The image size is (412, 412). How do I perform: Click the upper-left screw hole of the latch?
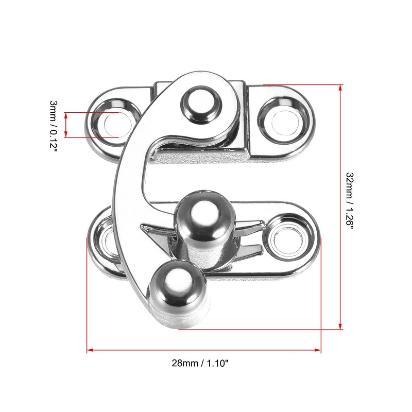point(112,124)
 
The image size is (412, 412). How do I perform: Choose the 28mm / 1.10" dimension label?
point(200,363)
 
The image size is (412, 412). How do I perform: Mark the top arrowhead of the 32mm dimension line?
point(340,88)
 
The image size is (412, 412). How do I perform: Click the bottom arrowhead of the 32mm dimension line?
point(340,325)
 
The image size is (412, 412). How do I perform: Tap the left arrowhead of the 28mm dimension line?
point(91,351)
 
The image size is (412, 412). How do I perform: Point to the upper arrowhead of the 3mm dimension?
point(66,114)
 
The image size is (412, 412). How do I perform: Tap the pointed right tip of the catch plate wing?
point(264,223)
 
